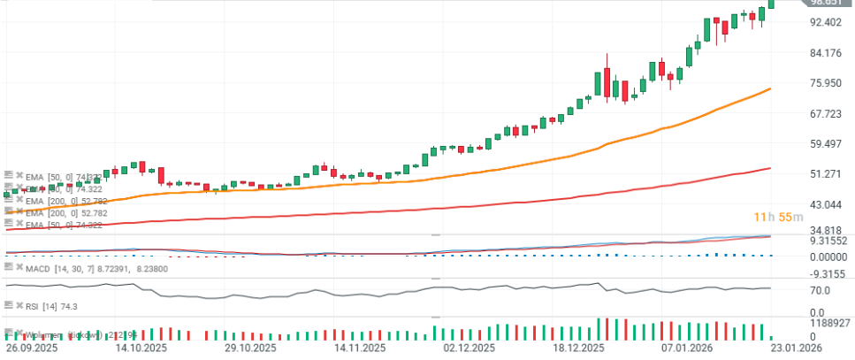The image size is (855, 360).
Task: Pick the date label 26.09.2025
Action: [34, 350]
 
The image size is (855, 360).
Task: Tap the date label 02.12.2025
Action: [469, 350]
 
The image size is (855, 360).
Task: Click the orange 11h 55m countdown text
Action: [777, 217]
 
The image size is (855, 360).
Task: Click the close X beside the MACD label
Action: [19, 267]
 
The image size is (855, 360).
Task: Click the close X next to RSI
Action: [19, 304]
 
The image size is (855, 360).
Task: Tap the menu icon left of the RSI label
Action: [7, 304]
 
